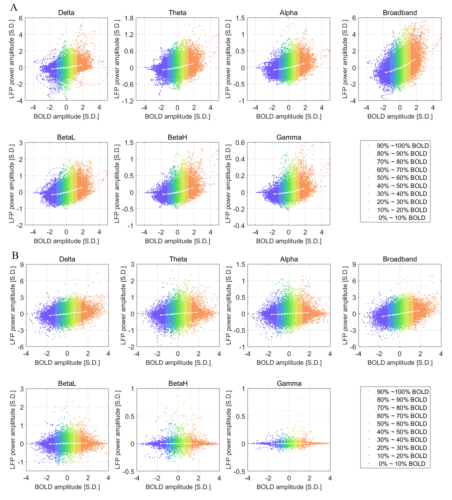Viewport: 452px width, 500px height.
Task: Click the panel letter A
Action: pos(14,7)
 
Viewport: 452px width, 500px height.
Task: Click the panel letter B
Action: pos(15,255)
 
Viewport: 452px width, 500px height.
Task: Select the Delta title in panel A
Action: pos(66,13)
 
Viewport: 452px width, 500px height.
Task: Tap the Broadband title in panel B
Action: pos(400,259)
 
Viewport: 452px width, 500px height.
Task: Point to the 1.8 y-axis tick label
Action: pos(129,18)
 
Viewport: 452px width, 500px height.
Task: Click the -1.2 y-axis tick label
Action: pos(128,101)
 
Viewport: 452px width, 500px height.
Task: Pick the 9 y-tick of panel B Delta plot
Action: pos(22,265)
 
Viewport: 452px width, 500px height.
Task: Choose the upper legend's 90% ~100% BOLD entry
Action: pos(402,146)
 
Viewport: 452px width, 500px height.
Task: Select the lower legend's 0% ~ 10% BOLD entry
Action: pos(402,464)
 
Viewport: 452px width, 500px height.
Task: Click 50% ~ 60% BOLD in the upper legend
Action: pos(402,178)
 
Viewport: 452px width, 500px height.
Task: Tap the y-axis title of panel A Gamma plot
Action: pos(228,184)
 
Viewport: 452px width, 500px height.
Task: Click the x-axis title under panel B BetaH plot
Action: pos(178,487)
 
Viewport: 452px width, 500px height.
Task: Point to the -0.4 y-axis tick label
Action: pos(239,226)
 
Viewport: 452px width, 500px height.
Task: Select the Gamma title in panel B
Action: pos(289,383)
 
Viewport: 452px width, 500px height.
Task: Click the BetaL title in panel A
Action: pos(66,137)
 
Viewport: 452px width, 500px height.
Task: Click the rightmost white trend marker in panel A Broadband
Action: pos(414,60)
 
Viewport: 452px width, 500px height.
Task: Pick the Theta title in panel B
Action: pos(178,259)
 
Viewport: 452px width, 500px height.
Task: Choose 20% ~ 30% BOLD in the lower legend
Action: pos(402,448)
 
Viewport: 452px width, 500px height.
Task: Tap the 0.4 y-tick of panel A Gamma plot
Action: pos(240,159)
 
